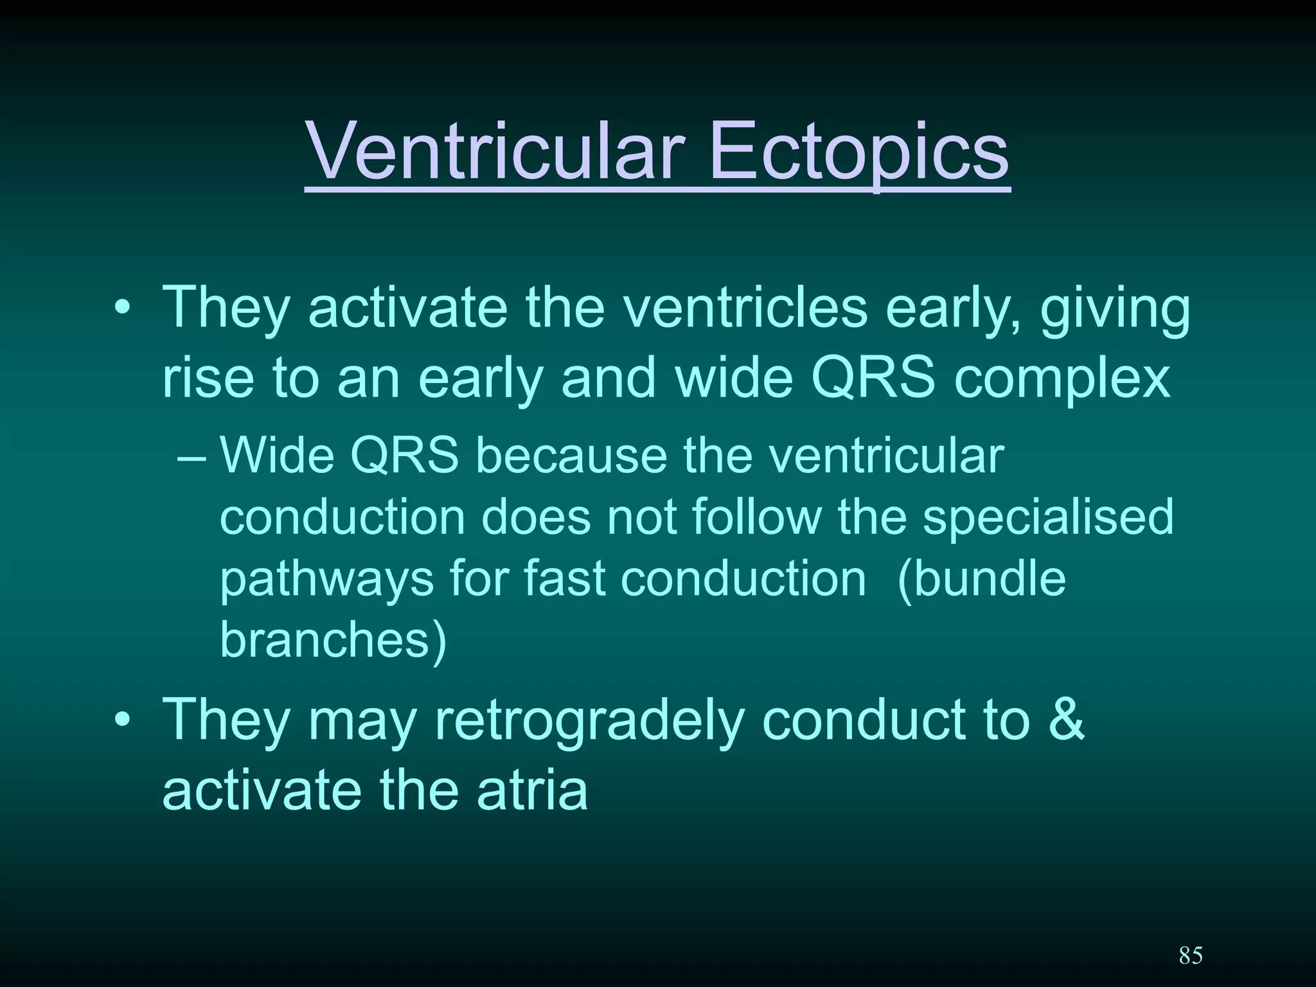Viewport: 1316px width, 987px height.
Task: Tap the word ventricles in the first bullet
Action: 747,307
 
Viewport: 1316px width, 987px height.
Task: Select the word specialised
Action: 1048,517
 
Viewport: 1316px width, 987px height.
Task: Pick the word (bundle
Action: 981,578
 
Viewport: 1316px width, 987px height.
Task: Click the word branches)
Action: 333,639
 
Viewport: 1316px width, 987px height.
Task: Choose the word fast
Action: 565,578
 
